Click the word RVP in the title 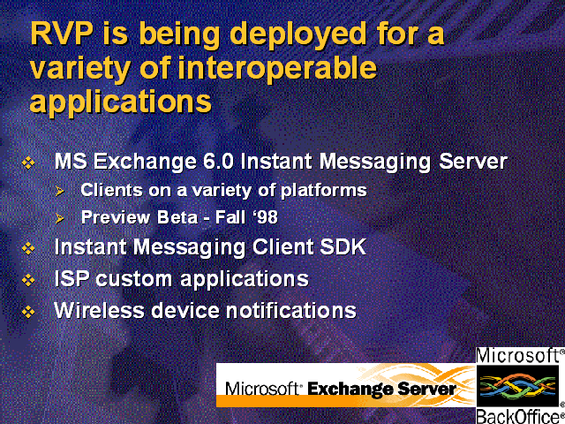tap(61, 34)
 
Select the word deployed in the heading tap(298, 35)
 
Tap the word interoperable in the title tap(277, 69)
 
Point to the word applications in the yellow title tap(120, 102)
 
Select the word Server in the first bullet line tap(473, 161)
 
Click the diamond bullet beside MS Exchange tap(28, 163)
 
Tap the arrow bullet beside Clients tap(60, 191)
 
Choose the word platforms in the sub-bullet tap(324, 191)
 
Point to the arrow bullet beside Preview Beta tap(60, 218)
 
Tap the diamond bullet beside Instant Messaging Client tap(28, 248)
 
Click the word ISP tap(72, 278)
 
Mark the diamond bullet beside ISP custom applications tap(28, 280)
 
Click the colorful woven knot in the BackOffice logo tap(517, 386)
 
